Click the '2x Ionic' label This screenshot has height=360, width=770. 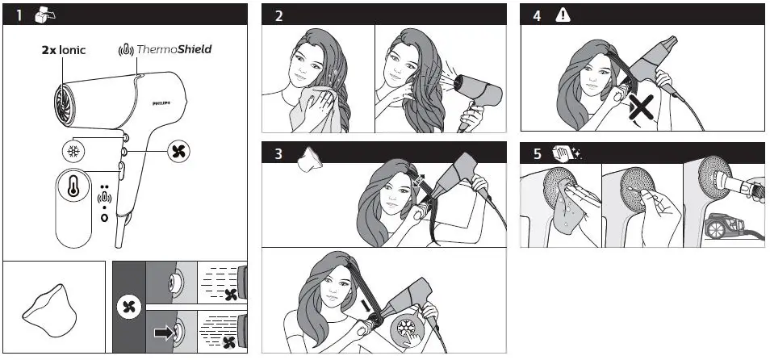coord(63,49)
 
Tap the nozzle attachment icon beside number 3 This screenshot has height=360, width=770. coord(309,161)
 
